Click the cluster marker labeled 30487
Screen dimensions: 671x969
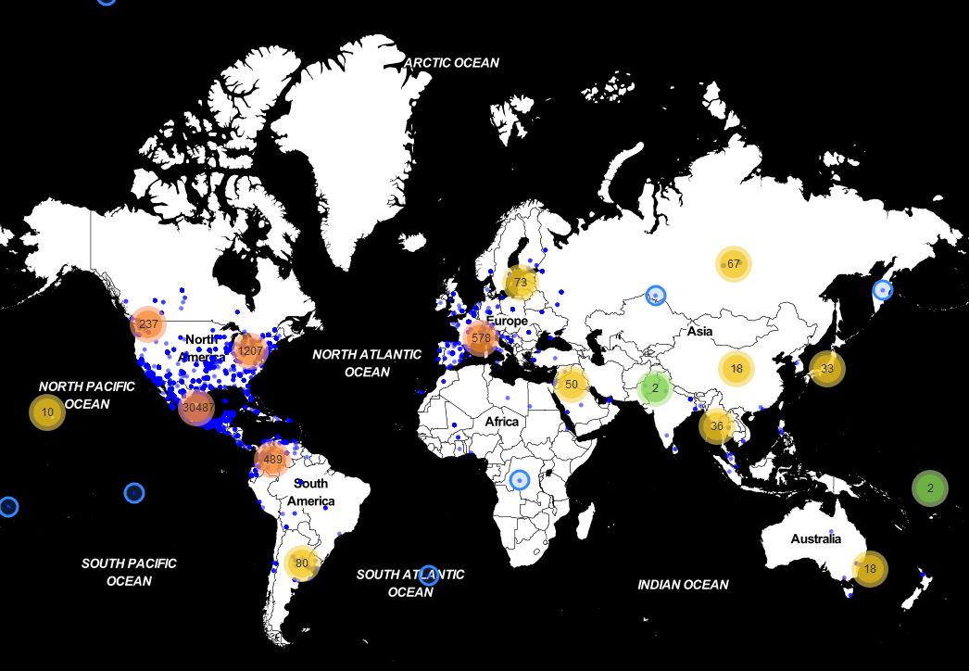pyautogui.click(x=197, y=407)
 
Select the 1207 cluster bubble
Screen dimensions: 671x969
pyautogui.click(x=250, y=351)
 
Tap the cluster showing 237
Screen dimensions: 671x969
pyautogui.click(x=148, y=324)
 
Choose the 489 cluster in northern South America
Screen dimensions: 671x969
pyautogui.click(x=272, y=458)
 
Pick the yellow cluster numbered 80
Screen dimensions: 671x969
pyautogui.click(x=302, y=563)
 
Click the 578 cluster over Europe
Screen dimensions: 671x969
pyautogui.click(x=480, y=338)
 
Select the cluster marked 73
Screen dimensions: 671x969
pyautogui.click(x=521, y=282)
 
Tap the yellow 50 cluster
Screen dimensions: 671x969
pyautogui.click(x=572, y=384)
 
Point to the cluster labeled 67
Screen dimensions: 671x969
pyautogui.click(x=734, y=263)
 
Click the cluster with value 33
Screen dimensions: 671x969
pyautogui.click(x=827, y=368)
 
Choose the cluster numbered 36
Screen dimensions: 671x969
pyautogui.click(x=717, y=426)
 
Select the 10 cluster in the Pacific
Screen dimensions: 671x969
pyautogui.click(x=47, y=411)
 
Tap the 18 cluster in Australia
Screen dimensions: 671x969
pyautogui.click(x=870, y=568)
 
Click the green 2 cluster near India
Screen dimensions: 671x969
pyautogui.click(x=655, y=387)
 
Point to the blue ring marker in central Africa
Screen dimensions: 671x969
pyautogui.click(x=520, y=480)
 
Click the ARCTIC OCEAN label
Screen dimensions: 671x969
pyautogui.click(x=451, y=63)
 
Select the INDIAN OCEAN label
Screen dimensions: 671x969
pyautogui.click(x=683, y=585)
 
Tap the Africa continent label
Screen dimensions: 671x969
pyautogui.click(x=502, y=422)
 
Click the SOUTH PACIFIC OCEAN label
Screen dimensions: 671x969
pyautogui.click(x=129, y=572)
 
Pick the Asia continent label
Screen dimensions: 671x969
pyautogui.click(x=699, y=331)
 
